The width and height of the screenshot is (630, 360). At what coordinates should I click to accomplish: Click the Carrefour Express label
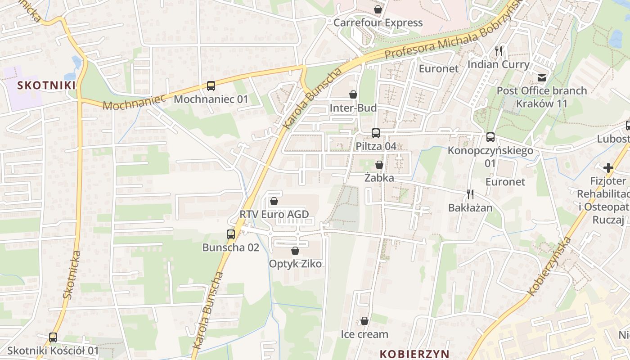(378, 22)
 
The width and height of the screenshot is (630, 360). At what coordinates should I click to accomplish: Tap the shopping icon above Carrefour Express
(378, 9)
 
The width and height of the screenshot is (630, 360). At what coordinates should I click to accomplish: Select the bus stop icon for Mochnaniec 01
(211, 85)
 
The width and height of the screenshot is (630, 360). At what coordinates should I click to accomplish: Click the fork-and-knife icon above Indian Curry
(498, 51)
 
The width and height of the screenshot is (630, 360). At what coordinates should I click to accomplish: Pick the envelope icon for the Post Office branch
(542, 77)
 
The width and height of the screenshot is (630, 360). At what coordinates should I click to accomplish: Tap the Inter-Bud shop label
(353, 108)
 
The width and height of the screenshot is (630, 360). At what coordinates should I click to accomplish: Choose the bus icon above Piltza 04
(375, 133)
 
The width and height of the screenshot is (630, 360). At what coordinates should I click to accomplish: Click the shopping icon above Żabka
(379, 165)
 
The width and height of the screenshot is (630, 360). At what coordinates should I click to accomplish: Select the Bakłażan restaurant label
(470, 207)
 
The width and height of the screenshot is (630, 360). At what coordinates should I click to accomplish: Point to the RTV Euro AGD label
(274, 214)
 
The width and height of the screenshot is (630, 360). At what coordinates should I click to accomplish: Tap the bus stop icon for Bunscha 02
(230, 234)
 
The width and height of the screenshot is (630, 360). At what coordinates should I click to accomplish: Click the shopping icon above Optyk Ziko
(295, 250)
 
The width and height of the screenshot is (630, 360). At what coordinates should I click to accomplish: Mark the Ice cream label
(364, 334)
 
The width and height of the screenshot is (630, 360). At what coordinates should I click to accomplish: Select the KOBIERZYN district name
(414, 353)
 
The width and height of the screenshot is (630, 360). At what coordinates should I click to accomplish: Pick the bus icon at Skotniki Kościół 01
(53, 337)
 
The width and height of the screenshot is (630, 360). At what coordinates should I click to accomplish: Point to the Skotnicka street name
(72, 274)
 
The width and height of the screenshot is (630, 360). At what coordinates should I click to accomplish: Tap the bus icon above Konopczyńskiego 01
(490, 137)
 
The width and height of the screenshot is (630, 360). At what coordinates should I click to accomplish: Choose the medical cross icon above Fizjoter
(608, 168)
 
